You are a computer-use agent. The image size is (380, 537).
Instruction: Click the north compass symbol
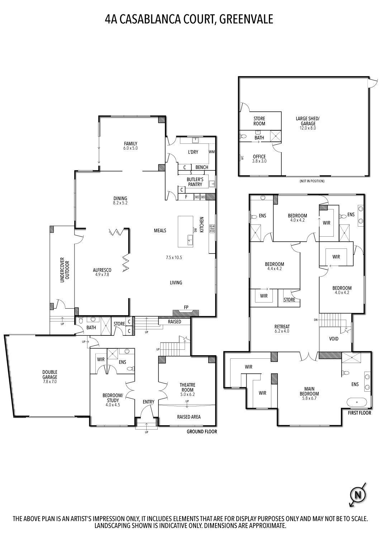[x=357, y=495]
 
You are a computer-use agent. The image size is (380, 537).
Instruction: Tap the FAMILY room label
[x=131, y=144]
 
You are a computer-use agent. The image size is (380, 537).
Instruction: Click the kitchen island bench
[x=186, y=231]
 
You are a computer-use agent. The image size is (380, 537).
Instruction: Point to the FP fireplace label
[x=186, y=307]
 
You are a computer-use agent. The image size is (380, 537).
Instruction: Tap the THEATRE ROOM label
[x=187, y=387]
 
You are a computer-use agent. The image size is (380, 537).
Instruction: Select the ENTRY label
[x=148, y=402]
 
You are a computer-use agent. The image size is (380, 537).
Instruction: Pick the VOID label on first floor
[x=334, y=339]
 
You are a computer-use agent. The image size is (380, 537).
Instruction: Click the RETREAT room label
[x=282, y=326]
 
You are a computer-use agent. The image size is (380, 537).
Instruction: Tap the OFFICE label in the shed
[x=259, y=156]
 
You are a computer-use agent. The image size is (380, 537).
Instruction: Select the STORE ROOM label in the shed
[x=259, y=121]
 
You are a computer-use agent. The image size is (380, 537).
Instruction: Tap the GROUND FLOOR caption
[x=201, y=432]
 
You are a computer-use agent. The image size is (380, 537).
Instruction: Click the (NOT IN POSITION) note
[x=312, y=181]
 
